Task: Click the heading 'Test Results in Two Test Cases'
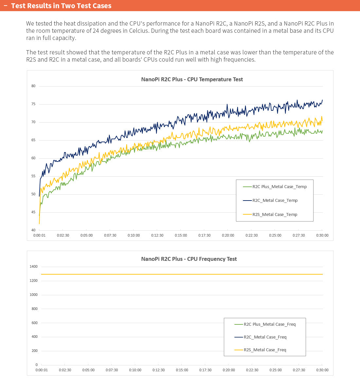(61, 6)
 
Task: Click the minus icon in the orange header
(6, 6)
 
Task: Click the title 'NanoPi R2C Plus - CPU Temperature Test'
(192, 79)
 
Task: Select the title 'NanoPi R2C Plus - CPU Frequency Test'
(189, 259)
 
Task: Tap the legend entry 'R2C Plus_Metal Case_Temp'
(279, 187)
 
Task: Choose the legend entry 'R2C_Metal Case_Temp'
(275, 201)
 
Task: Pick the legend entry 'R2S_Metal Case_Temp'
(275, 215)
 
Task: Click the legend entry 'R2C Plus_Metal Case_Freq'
(269, 324)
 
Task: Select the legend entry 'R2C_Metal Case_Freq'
(265, 337)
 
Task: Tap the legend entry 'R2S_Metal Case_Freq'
(265, 350)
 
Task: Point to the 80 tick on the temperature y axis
(33, 86)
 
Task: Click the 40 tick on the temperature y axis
(33, 230)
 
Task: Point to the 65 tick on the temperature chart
(33, 140)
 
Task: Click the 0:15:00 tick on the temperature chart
(181, 235)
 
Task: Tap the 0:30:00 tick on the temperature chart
(322, 235)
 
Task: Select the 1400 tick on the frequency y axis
(34, 267)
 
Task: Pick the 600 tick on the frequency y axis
(34, 323)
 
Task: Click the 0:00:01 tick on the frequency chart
(42, 370)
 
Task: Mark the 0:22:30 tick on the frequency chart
(252, 370)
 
